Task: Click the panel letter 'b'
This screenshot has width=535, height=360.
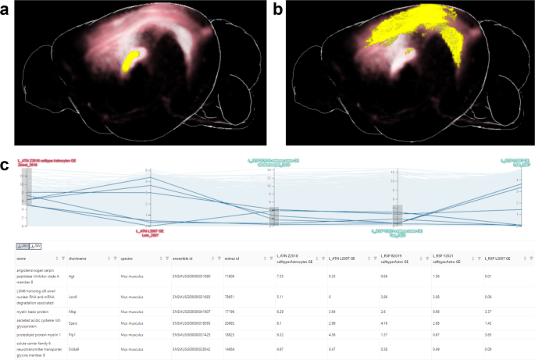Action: click(x=277, y=9)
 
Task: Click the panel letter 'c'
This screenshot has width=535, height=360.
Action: click(x=6, y=165)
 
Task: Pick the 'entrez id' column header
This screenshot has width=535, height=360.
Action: click(x=233, y=257)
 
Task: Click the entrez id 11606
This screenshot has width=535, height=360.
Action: click(x=230, y=276)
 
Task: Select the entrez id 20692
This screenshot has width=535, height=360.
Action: click(x=230, y=322)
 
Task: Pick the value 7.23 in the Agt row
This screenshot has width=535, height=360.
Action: click(x=280, y=276)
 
